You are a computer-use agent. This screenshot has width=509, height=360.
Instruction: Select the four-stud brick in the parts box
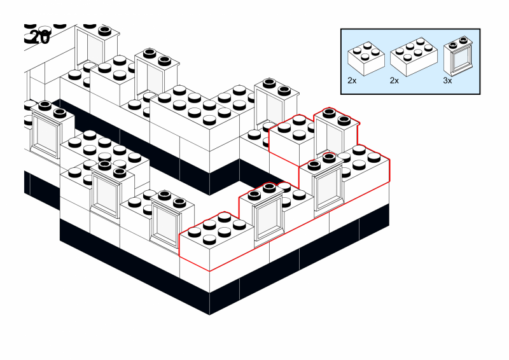point(366,58)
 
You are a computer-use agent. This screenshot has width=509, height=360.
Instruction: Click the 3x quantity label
point(448,81)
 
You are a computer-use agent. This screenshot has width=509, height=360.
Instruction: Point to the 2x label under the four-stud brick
point(352,81)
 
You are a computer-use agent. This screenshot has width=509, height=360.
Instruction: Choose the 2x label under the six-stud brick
point(394,81)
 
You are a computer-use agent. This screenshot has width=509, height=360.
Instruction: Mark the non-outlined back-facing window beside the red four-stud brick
point(271,102)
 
